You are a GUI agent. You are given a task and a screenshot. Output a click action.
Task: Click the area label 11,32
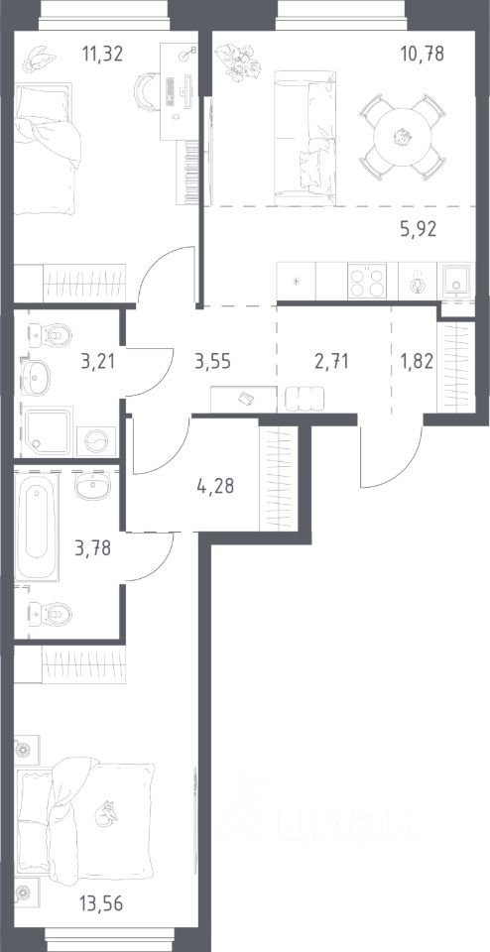102,54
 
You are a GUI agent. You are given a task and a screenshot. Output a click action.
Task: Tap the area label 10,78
422,54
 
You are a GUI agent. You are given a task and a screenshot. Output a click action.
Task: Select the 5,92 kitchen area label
419,229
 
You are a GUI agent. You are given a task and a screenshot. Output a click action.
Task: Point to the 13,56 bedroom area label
102,904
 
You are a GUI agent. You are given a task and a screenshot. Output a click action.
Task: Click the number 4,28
215,486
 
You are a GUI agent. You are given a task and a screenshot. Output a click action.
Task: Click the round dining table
403,136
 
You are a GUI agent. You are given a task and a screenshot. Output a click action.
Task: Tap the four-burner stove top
367,281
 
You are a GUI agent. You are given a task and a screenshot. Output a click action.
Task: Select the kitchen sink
456,282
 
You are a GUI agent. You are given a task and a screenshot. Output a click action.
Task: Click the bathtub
37,527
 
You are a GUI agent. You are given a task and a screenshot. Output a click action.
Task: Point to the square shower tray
47,431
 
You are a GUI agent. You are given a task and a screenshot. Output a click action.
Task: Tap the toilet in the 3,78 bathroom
51,613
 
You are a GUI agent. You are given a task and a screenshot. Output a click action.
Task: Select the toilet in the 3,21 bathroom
51,334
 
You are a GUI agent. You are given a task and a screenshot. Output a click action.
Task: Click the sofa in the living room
305,139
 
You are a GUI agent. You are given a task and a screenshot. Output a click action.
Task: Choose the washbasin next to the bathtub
93,486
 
